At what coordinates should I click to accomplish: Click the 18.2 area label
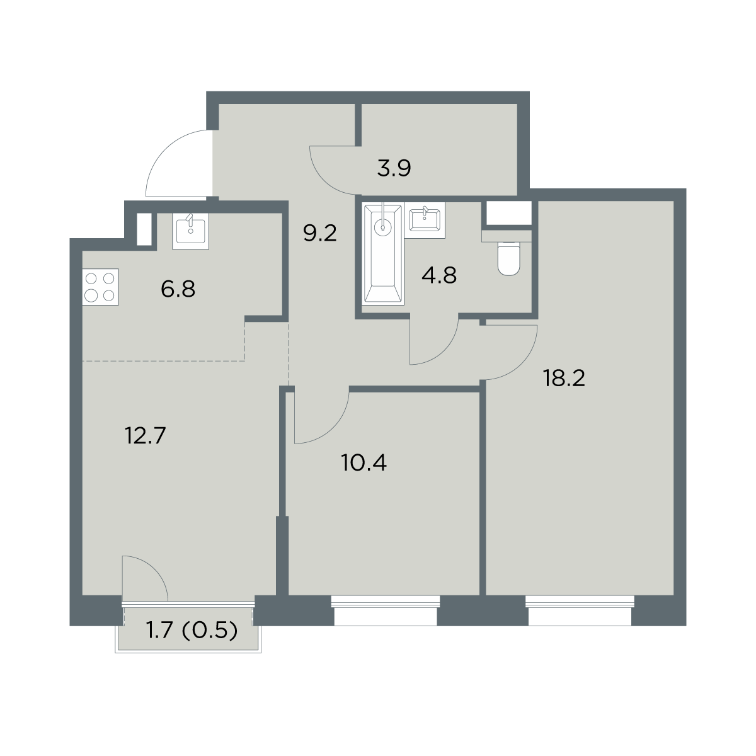(x=564, y=379)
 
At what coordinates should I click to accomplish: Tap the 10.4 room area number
(x=364, y=462)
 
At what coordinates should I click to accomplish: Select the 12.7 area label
(x=146, y=435)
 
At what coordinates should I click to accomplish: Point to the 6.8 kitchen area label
(x=178, y=289)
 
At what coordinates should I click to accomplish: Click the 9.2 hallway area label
(x=320, y=234)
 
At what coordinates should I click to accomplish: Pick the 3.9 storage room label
(x=394, y=168)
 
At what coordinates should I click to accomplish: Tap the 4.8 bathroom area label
(x=439, y=275)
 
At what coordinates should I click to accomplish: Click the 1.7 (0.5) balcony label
(x=192, y=631)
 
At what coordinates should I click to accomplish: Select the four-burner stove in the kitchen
(x=100, y=287)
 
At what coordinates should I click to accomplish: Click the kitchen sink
(x=191, y=231)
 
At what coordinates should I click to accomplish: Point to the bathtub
(x=383, y=254)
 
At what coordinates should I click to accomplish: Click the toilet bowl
(x=508, y=258)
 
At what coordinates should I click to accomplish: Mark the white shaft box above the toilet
(x=509, y=213)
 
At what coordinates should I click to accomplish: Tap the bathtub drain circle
(x=383, y=227)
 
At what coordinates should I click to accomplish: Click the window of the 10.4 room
(x=386, y=611)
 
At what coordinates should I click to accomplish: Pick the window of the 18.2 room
(x=580, y=611)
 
